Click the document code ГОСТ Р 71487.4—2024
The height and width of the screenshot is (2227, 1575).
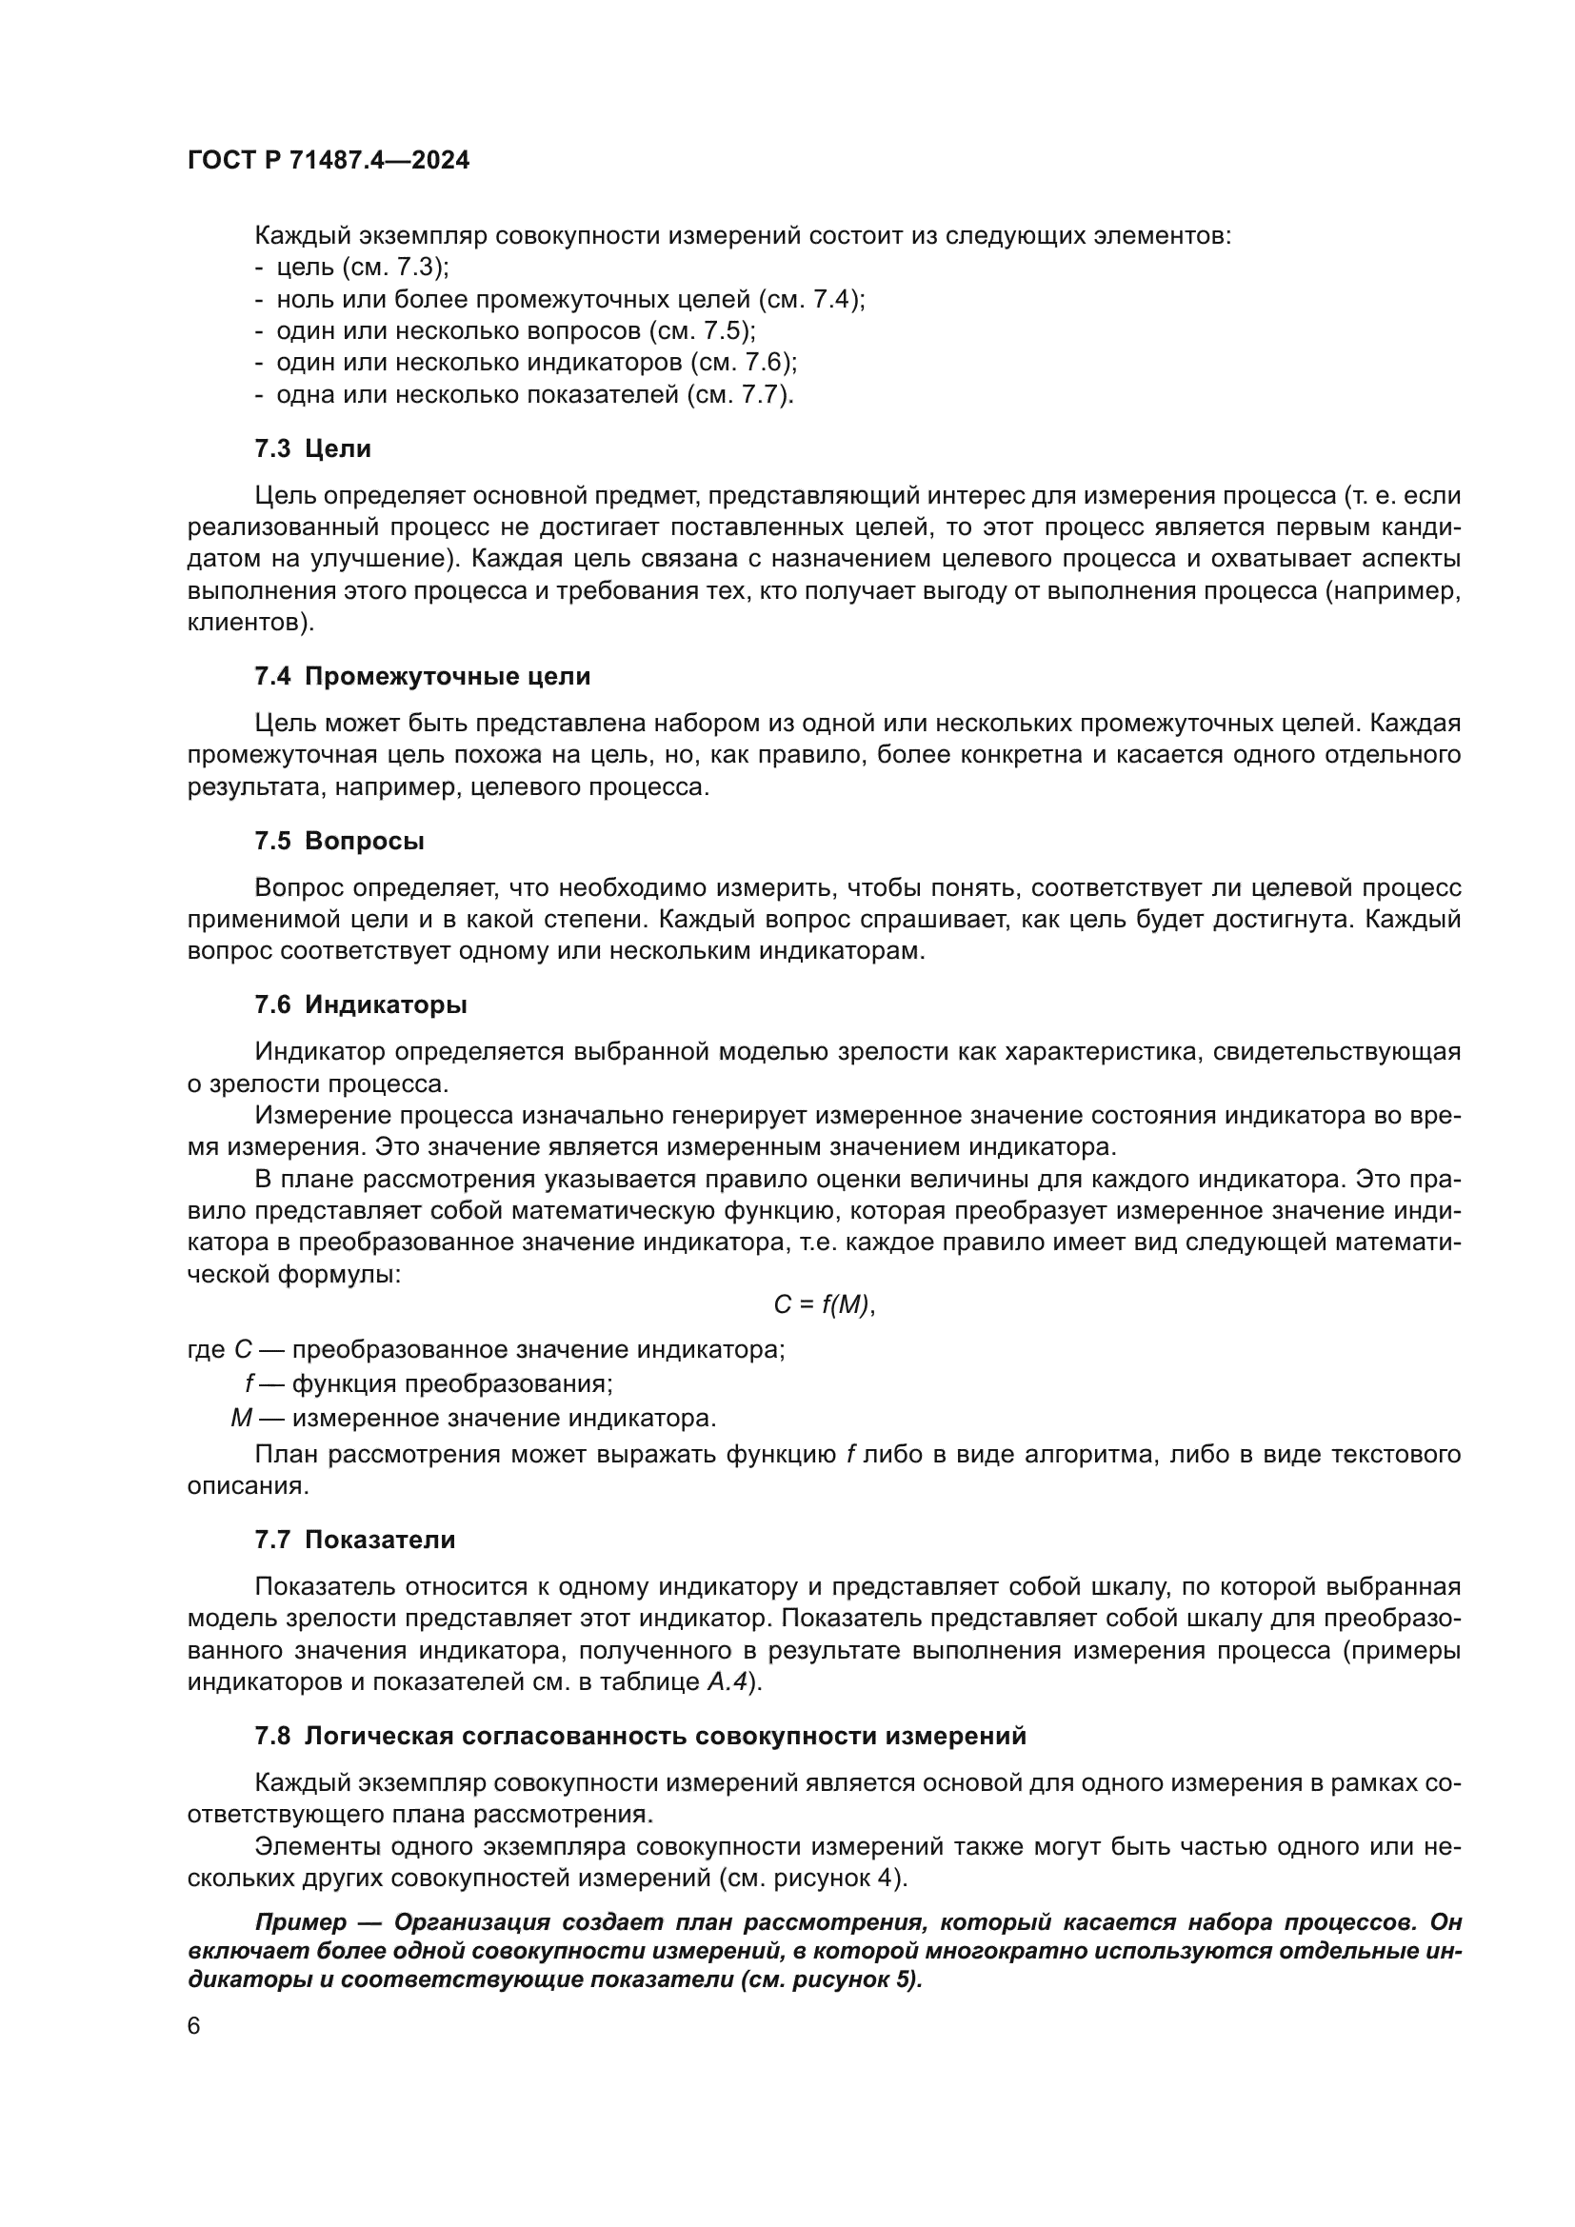(x=328, y=160)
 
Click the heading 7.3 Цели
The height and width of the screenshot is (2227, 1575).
(x=312, y=448)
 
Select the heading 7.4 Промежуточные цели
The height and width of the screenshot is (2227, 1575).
(x=422, y=676)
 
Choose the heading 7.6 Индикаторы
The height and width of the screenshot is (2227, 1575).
(x=360, y=1004)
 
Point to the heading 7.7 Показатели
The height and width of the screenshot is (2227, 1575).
(x=354, y=1540)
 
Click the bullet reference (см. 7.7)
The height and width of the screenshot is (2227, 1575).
(x=739, y=395)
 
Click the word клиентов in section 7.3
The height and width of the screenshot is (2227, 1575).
(x=249, y=623)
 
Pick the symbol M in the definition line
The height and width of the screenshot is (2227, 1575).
(x=241, y=1418)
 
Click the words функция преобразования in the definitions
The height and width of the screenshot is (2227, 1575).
(x=452, y=1383)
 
